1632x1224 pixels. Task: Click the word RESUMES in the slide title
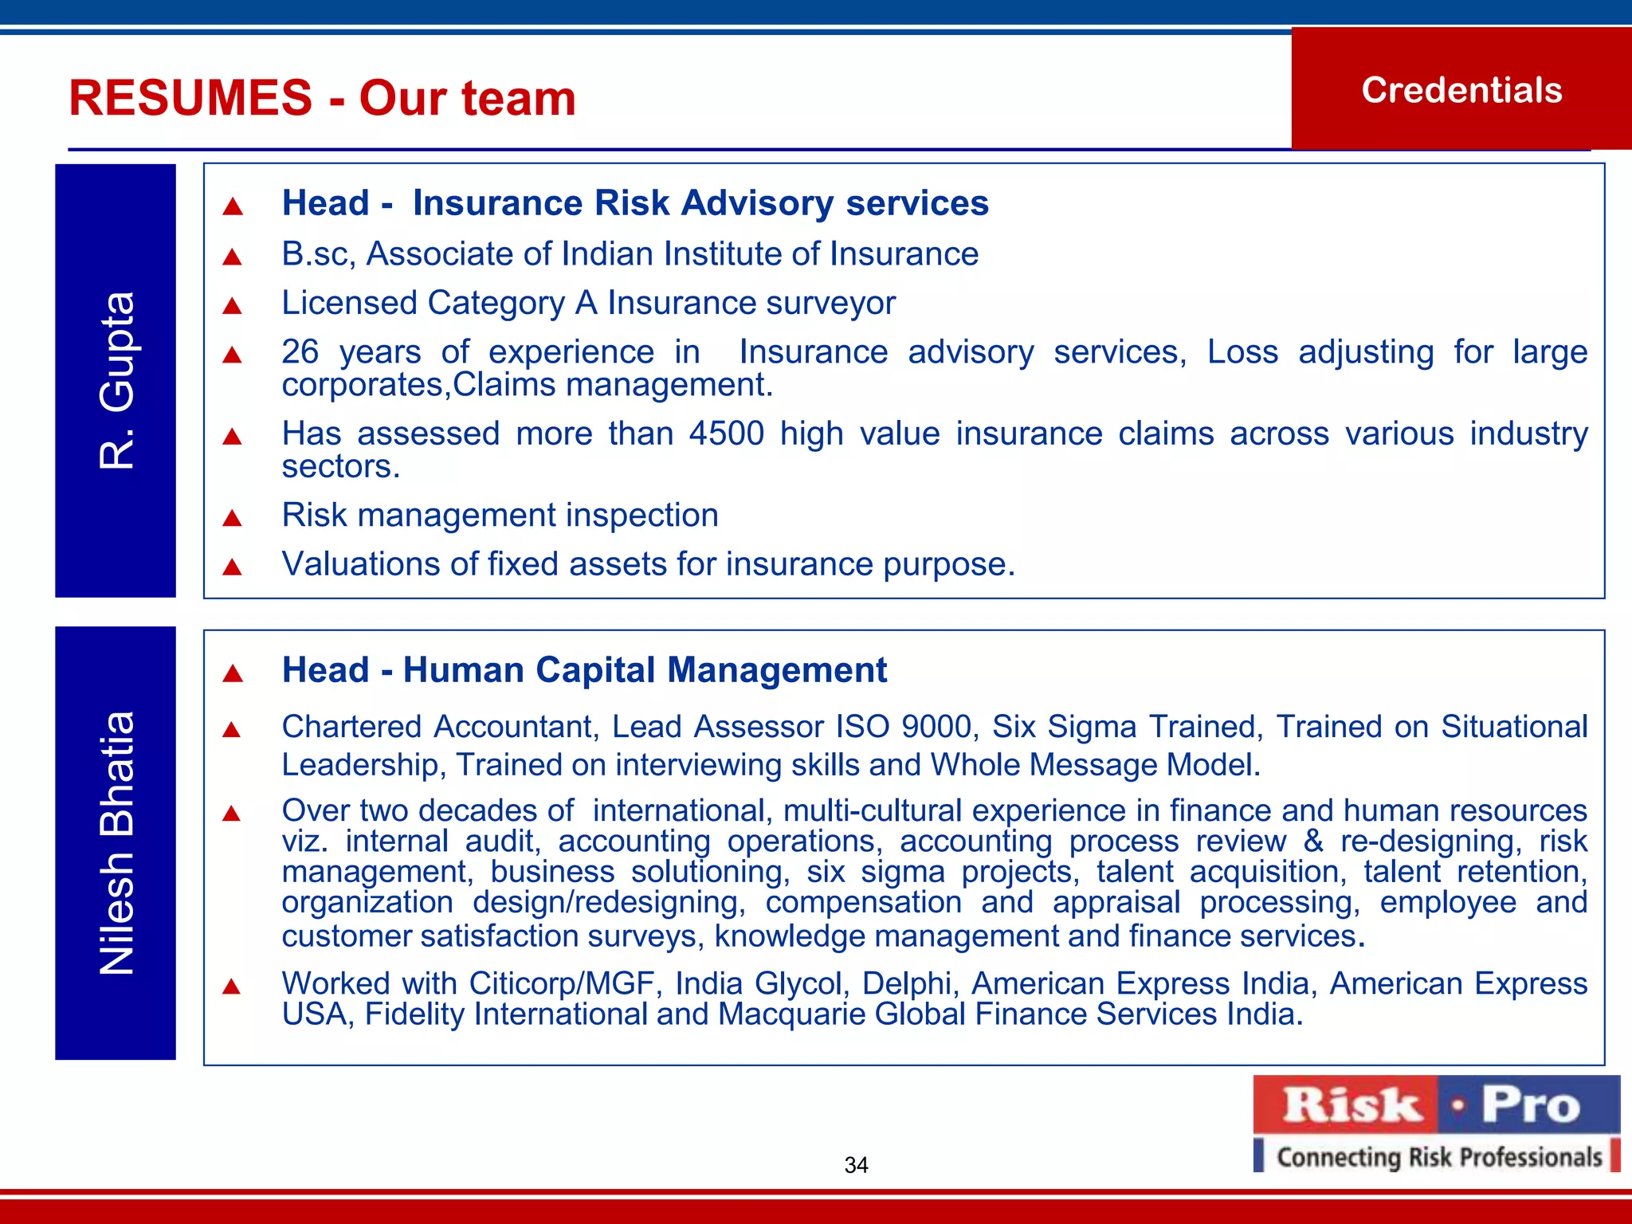(190, 98)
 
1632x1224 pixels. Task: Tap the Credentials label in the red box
(1461, 90)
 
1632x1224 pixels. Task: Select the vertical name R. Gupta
(116, 380)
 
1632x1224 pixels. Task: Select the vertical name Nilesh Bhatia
(116, 842)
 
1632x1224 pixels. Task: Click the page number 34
(856, 1165)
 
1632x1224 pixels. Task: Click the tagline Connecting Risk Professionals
(1438, 1156)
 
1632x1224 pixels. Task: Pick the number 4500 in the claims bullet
(726, 433)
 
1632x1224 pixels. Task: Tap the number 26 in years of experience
(300, 351)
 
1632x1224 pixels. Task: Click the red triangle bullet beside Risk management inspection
(232, 519)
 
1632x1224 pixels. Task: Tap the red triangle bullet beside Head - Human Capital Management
(232, 673)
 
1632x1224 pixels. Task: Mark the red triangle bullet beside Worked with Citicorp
(232, 987)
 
